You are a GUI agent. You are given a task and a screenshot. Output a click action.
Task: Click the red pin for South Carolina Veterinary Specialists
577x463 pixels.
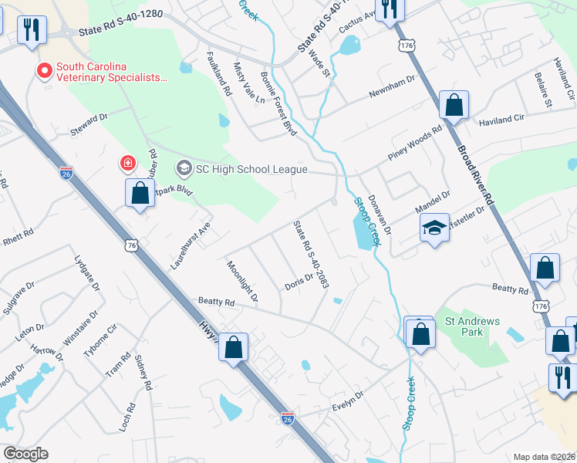[x=45, y=72]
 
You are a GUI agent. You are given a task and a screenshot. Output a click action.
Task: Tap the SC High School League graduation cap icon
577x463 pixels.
[x=184, y=167]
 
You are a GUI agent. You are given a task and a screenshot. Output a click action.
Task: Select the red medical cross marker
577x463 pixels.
[x=127, y=163]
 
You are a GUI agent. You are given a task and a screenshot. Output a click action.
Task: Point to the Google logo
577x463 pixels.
[x=25, y=454]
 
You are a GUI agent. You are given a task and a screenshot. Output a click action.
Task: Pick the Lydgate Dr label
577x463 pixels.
[x=87, y=274]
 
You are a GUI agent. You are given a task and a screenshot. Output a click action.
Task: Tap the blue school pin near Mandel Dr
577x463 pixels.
[x=434, y=227]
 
